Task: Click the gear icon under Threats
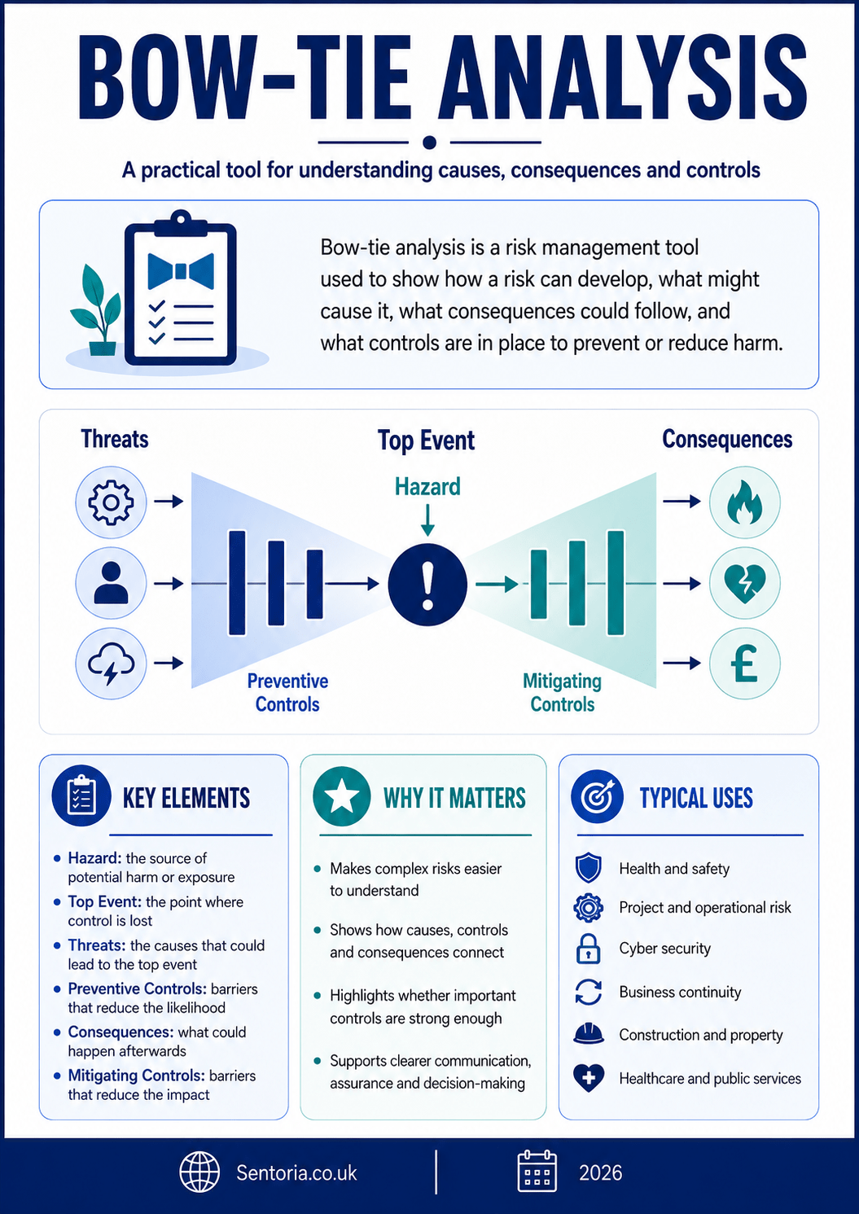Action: click(111, 502)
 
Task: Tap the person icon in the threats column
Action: click(111, 583)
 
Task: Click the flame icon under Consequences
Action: click(745, 502)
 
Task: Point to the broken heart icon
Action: click(745, 584)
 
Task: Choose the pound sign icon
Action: click(745, 664)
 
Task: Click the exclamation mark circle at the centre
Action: click(427, 584)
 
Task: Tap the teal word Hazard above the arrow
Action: click(427, 487)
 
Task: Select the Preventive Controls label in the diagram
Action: click(287, 693)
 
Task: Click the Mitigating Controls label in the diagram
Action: click(562, 693)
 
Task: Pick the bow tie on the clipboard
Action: click(181, 271)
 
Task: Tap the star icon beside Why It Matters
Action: click(341, 796)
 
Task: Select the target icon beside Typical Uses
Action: click(597, 796)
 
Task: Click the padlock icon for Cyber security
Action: click(588, 949)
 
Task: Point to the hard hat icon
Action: click(588, 1033)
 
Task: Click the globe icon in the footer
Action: click(199, 1172)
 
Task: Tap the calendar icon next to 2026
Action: click(537, 1172)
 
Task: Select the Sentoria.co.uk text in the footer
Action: click(296, 1172)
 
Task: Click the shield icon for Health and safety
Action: click(588, 868)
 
